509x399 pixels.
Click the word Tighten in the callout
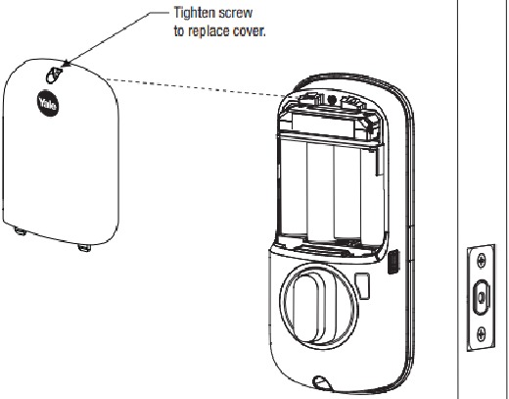[194, 13]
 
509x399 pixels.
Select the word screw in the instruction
[236, 14]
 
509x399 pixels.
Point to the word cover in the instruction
[250, 31]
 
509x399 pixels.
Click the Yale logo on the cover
[48, 103]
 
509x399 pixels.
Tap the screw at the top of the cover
[54, 75]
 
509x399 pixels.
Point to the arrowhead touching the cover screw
[67, 64]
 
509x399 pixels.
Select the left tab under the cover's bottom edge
[21, 231]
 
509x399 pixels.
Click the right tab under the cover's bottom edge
[84, 248]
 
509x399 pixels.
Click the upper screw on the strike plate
[482, 261]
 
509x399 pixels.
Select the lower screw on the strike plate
[482, 334]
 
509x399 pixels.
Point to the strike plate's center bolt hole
[482, 297]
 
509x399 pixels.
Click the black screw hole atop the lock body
[332, 99]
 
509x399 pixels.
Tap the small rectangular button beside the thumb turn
[362, 286]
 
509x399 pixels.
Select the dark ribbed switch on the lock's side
[393, 262]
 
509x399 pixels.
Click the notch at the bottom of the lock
[322, 383]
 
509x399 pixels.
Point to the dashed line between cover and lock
[197, 87]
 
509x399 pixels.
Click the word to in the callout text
[179, 32]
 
